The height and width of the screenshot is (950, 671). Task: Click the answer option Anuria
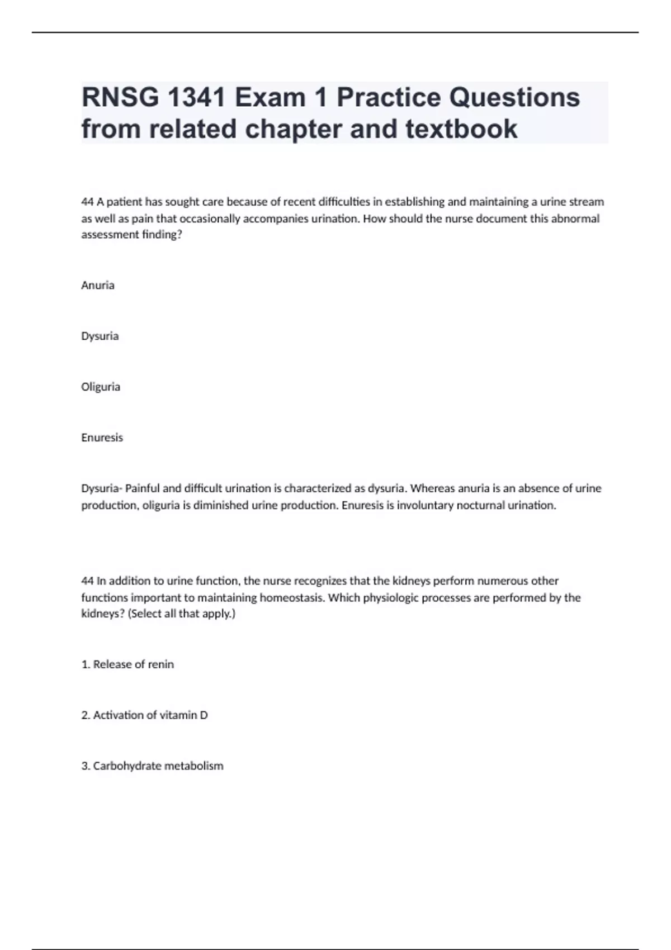[x=98, y=285]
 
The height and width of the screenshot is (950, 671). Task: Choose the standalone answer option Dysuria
[x=100, y=336]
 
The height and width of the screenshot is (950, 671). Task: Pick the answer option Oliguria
[x=101, y=387]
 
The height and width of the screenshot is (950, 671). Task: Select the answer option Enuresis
[x=102, y=438]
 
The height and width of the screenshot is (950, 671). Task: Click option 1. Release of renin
[x=127, y=664]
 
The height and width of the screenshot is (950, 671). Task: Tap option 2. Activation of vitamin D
[x=144, y=715]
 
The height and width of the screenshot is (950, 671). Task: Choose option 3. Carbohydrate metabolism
[x=152, y=766]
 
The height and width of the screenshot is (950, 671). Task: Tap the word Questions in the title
[x=514, y=98]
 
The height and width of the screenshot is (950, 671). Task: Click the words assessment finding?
[x=132, y=235]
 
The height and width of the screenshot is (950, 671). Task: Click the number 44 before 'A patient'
[x=87, y=202]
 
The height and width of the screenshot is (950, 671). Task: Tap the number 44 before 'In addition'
[x=87, y=581]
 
